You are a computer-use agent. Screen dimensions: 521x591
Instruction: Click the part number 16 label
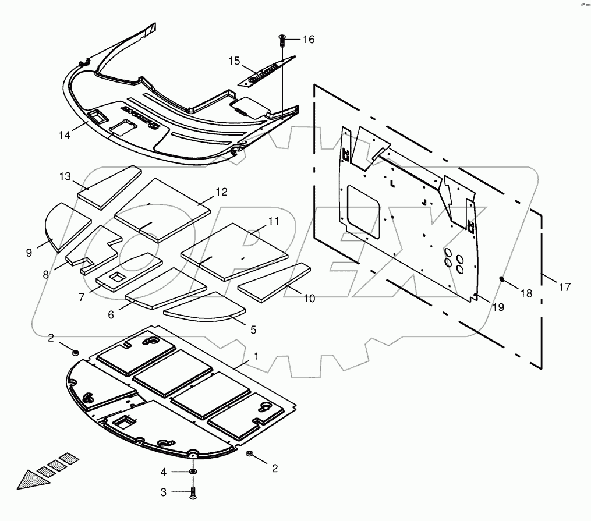pos(308,40)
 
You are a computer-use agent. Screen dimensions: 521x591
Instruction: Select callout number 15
pos(234,61)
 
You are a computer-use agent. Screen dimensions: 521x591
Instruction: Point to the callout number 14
pos(64,135)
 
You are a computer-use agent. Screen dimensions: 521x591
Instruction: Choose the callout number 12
pos(221,192)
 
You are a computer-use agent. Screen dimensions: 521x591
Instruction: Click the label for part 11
pos(274,221)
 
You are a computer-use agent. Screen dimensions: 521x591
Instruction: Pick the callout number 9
pos(29,252)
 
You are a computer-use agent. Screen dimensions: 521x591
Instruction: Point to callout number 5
pos(253,329)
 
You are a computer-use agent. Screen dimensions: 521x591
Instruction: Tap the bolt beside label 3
pos(193,493)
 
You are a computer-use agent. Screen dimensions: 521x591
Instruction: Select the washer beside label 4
pos(193,471)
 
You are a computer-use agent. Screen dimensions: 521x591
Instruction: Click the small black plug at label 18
pos(502,279)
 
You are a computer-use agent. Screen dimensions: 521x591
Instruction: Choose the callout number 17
pos(565,287)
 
